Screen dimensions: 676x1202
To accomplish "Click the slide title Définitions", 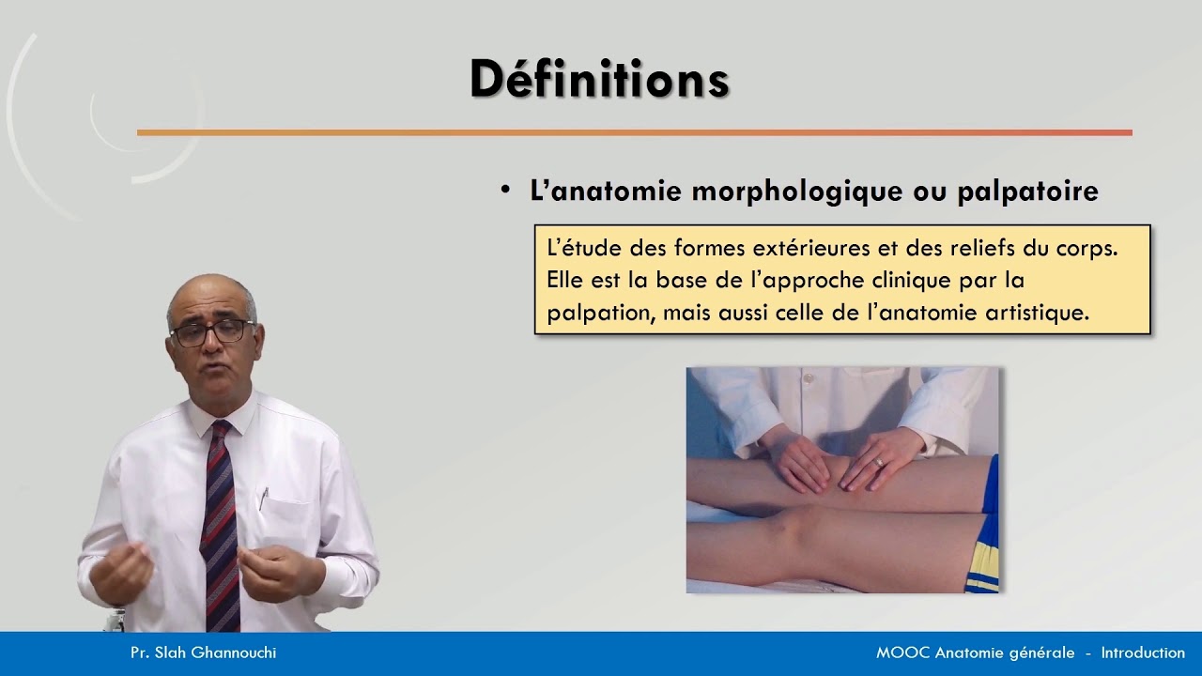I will coord(599,79).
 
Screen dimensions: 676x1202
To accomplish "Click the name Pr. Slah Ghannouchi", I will coord(203,653).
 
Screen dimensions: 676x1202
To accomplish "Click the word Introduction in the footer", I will coord(1143,653).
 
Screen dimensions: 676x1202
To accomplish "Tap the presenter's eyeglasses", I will coord(211,331).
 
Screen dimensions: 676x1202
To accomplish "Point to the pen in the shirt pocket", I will coord(264,498).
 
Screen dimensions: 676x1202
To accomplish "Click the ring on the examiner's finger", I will coord(879,462).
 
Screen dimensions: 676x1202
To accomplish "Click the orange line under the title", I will coord(634,132).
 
